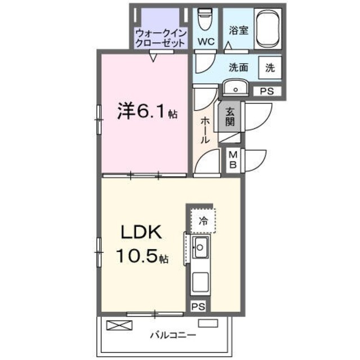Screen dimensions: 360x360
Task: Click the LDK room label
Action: [x=139, y=232]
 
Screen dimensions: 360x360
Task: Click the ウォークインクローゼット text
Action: [x=160, y=38]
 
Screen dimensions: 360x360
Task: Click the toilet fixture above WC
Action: [x=205, y=20]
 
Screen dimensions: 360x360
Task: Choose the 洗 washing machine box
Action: [x=270, y=67]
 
